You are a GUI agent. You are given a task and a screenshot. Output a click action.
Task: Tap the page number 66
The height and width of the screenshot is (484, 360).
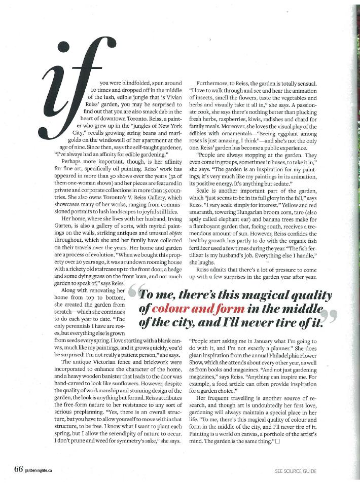[18, 469]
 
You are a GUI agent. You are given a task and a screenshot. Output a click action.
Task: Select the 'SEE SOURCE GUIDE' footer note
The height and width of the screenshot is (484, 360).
[295, 471]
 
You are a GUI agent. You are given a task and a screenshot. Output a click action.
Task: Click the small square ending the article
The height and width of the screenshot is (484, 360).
[277, 441]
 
